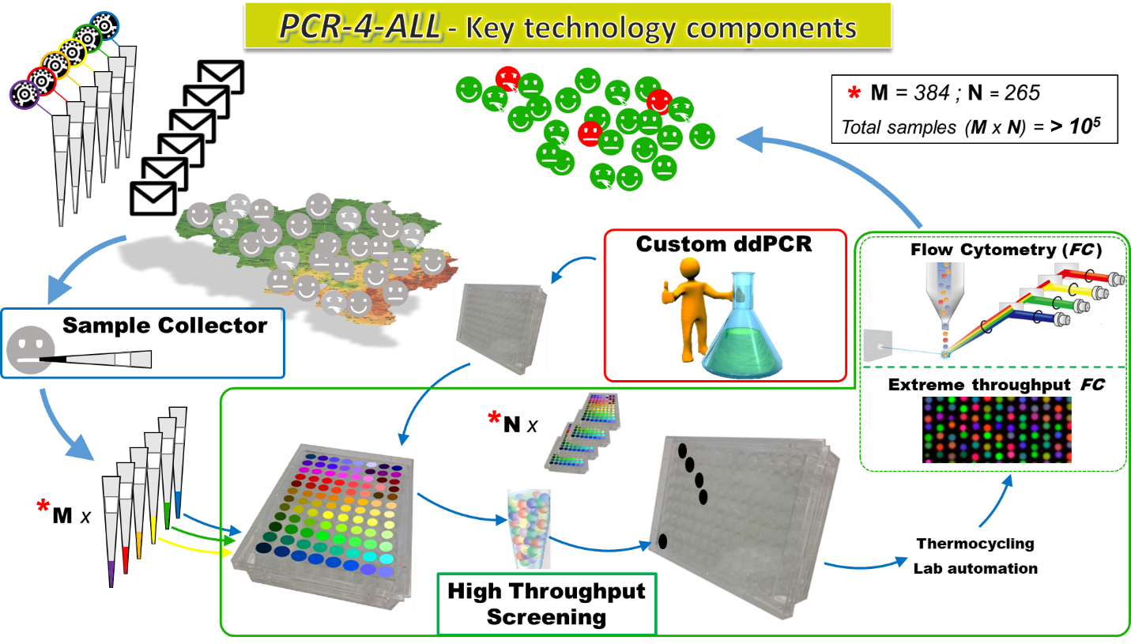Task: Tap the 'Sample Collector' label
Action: (164, 326)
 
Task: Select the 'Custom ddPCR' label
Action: (724, 243)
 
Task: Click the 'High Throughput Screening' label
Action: (546, 604)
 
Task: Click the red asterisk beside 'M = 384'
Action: (853, 93)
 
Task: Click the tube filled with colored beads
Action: (529, 528)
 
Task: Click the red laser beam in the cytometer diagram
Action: (1067, 275)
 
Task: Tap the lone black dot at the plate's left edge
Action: (662, 541)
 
